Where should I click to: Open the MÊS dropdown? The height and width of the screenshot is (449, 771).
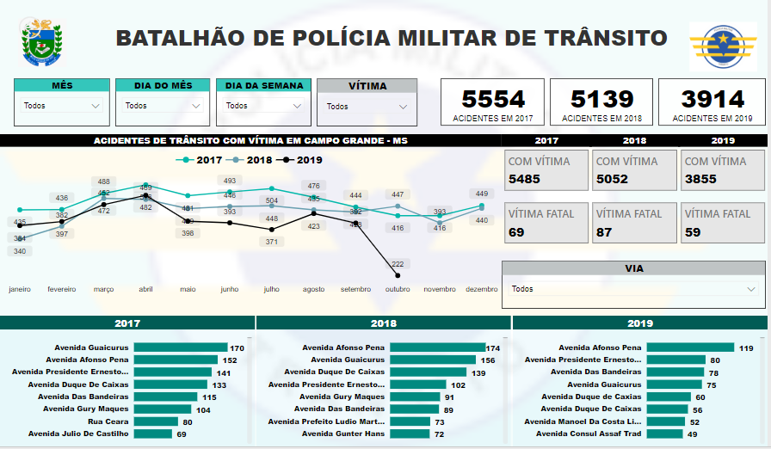click(x=62, y=106)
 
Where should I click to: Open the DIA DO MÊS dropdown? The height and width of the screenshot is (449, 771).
click(x=163, y=106)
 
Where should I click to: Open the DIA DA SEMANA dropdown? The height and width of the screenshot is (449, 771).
click(x=264, y=106)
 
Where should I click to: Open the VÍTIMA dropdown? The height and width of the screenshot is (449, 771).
click(x=367, y=107)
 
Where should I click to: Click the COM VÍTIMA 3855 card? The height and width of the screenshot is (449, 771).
click(x=722, y=170)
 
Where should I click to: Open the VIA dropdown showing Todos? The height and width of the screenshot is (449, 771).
click(x=632, y=289)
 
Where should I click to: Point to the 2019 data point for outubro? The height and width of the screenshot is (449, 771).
click(x=398, y=275)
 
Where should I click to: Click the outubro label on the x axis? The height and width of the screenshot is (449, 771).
click(x=398, y=290)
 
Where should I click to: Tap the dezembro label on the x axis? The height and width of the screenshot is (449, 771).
click(x=481, y=290)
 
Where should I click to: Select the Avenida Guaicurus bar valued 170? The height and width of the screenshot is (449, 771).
click(x=181, y=348)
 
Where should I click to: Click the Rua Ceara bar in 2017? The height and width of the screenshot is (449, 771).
click(x=157, y=421)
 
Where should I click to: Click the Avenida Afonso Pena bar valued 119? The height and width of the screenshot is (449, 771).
click(x=690, y=348)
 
